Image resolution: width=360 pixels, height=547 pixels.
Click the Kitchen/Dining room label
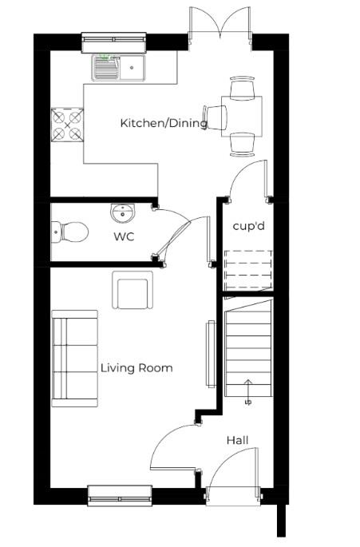tap(164, 123)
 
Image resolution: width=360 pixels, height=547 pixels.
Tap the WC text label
tap(123, 236)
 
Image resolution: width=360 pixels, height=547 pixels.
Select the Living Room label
tap(136, 368)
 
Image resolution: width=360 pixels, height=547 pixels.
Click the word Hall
tap(237, 440)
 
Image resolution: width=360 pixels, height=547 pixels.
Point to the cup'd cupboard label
tap(248, 226)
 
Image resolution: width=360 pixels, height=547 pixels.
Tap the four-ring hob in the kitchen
tap(67, 123)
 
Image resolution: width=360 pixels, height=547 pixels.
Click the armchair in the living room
tap(133, 291)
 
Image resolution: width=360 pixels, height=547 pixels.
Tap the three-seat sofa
tap(75, 357)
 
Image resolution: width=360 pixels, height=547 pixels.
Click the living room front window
tap(120, 495)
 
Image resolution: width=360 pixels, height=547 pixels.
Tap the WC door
tap(176, 236)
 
